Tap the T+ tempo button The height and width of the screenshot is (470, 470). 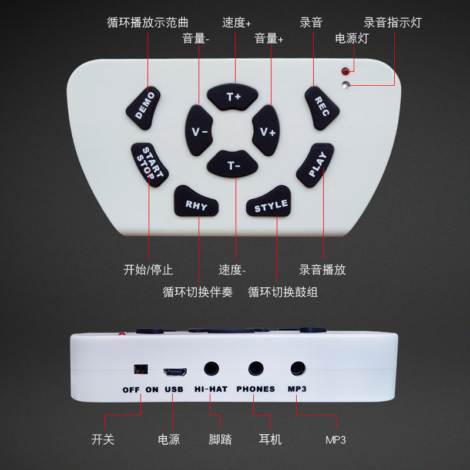pyautogui.click(x=232, y=97)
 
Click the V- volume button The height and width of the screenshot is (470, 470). pyautogui.click(x=199, y=130)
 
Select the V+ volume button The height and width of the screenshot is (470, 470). pyautogui.click(x=266, y=130)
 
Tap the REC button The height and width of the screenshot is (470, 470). pyautogui.click(x=321, y=108)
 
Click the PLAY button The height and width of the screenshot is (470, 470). pyautogui.click(x=316, y=165)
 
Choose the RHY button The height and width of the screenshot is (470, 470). pyautogui.click(x=196, y=202)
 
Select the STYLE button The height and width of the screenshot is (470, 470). pyautogui.click(x=269, y=202)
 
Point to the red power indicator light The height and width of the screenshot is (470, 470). pyautogui.click(x=345, y=71)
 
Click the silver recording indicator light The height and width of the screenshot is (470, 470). pyautogui.click(x=345, y=85)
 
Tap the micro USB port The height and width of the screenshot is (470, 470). pyautogui.click(x=175, y=372)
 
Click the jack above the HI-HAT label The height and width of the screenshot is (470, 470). pyautogui.click(x=211, y=369)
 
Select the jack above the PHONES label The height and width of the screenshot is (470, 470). pyautogui.click(x=256, y=368)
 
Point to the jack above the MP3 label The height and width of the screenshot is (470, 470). pyautogui.click(x=298, y=368)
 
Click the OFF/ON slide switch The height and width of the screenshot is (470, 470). pyautogui.click(x=140, y=369)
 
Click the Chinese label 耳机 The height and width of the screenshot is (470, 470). pyautogui.click(x=270, y=439)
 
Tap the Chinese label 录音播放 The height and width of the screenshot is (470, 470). pyautogui.click(x=322, y=270)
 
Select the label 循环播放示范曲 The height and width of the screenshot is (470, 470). pyautogui.click(x=147, y=23)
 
